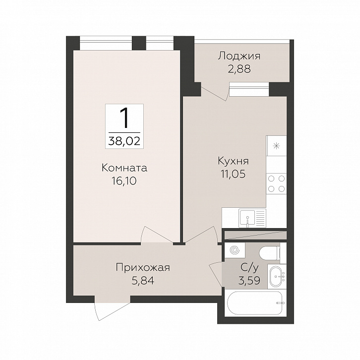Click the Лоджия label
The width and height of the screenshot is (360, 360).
(x=239, y=57)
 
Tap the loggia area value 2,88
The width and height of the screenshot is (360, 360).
(x=239, y=69)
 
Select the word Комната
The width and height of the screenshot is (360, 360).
(x=124, y=168)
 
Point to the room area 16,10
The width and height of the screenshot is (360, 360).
(x=124, y=181)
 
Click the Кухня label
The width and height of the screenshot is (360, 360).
(x=233, y=161)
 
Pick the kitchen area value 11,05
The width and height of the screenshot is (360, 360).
(x=233, y=174)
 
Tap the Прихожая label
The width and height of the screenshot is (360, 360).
(x=143, y=268)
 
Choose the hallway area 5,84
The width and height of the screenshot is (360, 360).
(x=143, y=281)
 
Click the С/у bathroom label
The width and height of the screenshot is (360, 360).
(x=249, y=268)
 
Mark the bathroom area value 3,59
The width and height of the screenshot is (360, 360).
(x=249, y=280)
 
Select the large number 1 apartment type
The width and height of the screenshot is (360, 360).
(x=124, y=119)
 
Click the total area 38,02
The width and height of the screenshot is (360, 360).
(x=124, y=141)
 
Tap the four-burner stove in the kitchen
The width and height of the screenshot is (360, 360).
(x=276, y=183)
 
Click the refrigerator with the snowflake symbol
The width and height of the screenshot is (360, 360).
(x=276, y=145)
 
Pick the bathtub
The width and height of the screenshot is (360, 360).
(x=255, y=303)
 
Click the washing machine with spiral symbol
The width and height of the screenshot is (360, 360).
(x=235, y=250)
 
